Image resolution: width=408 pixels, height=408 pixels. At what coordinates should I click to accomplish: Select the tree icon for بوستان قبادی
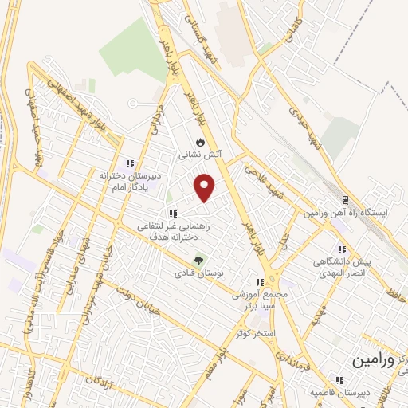click(199, 260)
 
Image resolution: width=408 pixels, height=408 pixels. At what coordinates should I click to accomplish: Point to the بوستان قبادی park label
click(198, 273)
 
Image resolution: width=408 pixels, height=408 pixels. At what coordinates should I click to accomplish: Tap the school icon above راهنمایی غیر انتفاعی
click(171, 214)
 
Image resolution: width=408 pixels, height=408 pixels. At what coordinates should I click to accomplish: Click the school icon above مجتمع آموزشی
click(259, 282)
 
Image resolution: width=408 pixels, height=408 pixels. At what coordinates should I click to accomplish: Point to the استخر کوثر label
click(254, 331)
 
